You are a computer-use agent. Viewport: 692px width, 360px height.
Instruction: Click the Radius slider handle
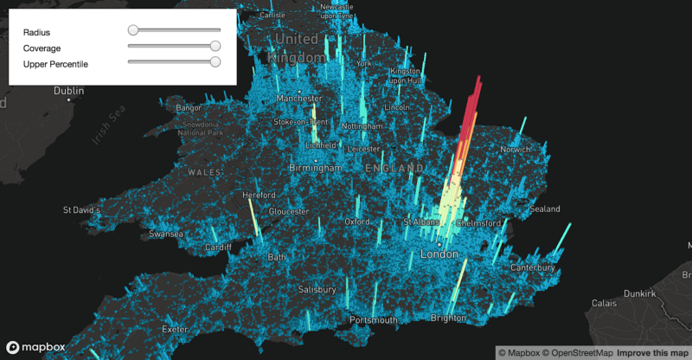[x=133, y=30]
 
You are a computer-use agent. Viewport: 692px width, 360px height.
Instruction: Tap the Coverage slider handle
[x=215, y=46]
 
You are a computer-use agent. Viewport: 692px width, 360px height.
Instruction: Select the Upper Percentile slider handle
[x=215, y=61]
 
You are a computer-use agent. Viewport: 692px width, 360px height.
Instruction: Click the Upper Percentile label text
[x=56, y=64]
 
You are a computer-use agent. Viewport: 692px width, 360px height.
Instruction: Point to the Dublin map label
[x=69, y=91]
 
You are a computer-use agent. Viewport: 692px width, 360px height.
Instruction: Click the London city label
[x=439, y=255]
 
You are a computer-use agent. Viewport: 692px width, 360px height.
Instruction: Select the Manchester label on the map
[x=299, y=99]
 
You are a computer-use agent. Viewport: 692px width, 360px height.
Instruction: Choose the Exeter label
[x=176, y=330]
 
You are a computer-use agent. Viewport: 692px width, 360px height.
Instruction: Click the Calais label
[x=604, y=304]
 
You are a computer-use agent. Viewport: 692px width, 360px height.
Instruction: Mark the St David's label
[x=84, y=210]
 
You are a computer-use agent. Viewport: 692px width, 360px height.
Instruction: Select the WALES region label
[x=206, y=172]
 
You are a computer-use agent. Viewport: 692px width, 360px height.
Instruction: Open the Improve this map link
[x=652, y=352]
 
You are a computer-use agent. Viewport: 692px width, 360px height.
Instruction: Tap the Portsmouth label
[x=373, y=320]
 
